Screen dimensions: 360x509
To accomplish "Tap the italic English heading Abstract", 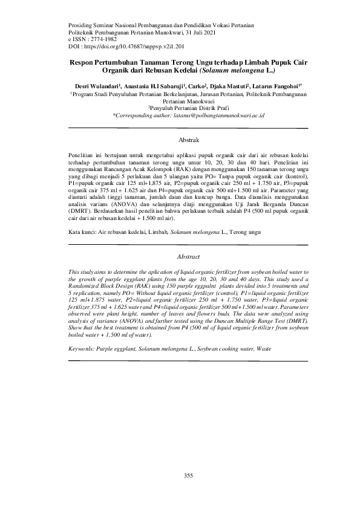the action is point(188,258).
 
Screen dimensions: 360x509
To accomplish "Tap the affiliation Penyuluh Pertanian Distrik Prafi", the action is point(189,108).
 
